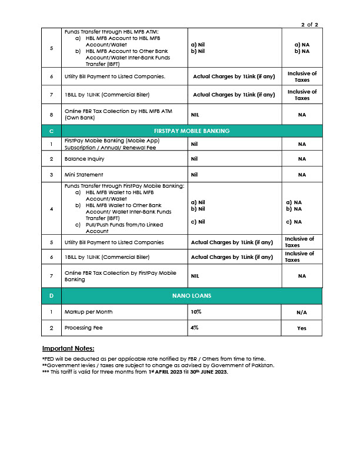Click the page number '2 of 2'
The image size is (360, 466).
(x=309, y=24)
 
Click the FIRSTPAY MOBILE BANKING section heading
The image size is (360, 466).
(x=192, y=131)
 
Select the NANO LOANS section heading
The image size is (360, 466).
(x=192, y=295)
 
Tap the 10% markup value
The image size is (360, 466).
(x=196, y=311)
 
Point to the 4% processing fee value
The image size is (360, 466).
(x=195, y=328)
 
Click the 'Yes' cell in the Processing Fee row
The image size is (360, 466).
(x=302, y=328)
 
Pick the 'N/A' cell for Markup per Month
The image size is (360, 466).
(x=302, y=312)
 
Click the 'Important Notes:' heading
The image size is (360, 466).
(x=68, y=349)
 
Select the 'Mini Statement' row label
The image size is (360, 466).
(x=76, y=175)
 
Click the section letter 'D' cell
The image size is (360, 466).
(x=52, y=295)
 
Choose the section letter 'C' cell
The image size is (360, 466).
(x=52, y=131)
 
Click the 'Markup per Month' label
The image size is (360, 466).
(x=89, y=311)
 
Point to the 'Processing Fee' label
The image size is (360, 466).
(x=85, y=328)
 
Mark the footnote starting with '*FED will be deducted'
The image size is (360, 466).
(x=154, y=359)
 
